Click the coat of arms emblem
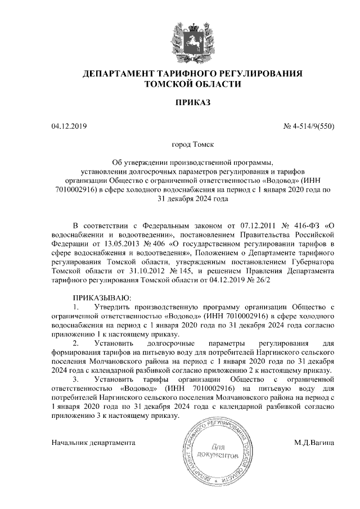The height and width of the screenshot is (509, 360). pyautogui.click(x=192, y=35)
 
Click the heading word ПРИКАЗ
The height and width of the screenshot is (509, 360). pyautogui.click(x=192, y=103)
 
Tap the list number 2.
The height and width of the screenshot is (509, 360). pyautogui.click(x=76, y=343)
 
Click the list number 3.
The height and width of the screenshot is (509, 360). pyautogui.click(x=76, y=380)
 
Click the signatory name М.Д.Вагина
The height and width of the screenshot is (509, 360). pyautogui.click(x=314, y=443)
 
